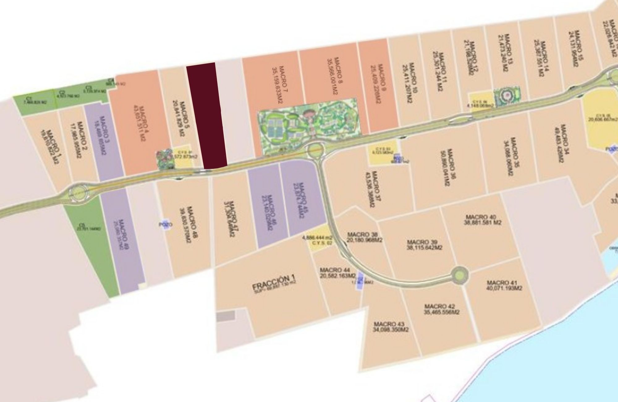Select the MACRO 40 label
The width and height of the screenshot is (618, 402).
[482, 220]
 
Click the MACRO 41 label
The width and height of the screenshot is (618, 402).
[504, 285]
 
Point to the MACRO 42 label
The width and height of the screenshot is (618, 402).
[442, 309]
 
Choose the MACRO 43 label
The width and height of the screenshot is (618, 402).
[391, 327]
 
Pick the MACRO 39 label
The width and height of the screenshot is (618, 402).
[424, 245]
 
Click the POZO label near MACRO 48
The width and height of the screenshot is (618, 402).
[166, 225]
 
